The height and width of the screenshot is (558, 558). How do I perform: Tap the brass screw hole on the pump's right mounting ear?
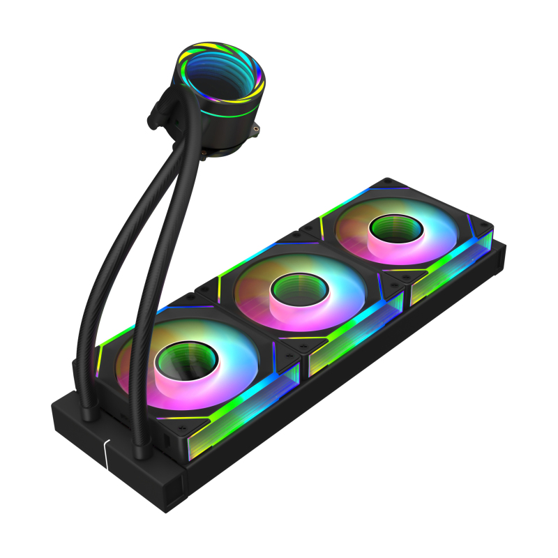point(257,128)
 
